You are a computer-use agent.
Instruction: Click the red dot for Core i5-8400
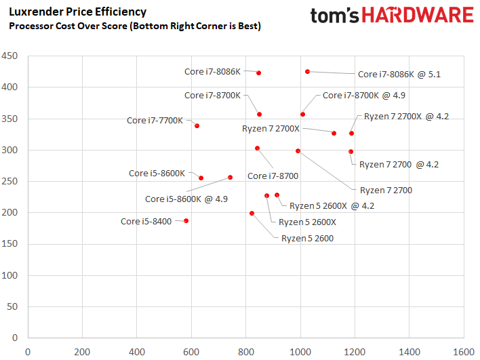point(186,221)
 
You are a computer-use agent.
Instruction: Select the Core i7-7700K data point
point(197,126)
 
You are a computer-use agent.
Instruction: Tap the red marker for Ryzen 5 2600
point(252,214)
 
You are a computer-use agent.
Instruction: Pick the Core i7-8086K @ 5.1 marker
point(308,71)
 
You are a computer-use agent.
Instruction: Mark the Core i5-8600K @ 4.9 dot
point(231,178)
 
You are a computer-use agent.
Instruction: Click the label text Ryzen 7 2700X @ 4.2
point(406,116)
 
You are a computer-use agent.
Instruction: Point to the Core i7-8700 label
point(273,176)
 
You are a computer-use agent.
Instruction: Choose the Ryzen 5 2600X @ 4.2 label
point(332,205)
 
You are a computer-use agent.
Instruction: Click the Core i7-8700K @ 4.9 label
point(364,96)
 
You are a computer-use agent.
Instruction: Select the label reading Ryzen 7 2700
point(386,191)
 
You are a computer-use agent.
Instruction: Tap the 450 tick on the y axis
point(12,56)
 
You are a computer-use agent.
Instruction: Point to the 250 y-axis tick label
point(12,181)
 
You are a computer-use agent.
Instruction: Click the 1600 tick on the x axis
point(464,352)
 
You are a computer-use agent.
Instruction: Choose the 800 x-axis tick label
point(245,352)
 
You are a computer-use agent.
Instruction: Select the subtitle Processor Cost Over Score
point(134,26)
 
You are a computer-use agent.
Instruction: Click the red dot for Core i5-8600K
point(201,178)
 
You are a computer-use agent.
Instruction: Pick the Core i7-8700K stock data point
point(259,115)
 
